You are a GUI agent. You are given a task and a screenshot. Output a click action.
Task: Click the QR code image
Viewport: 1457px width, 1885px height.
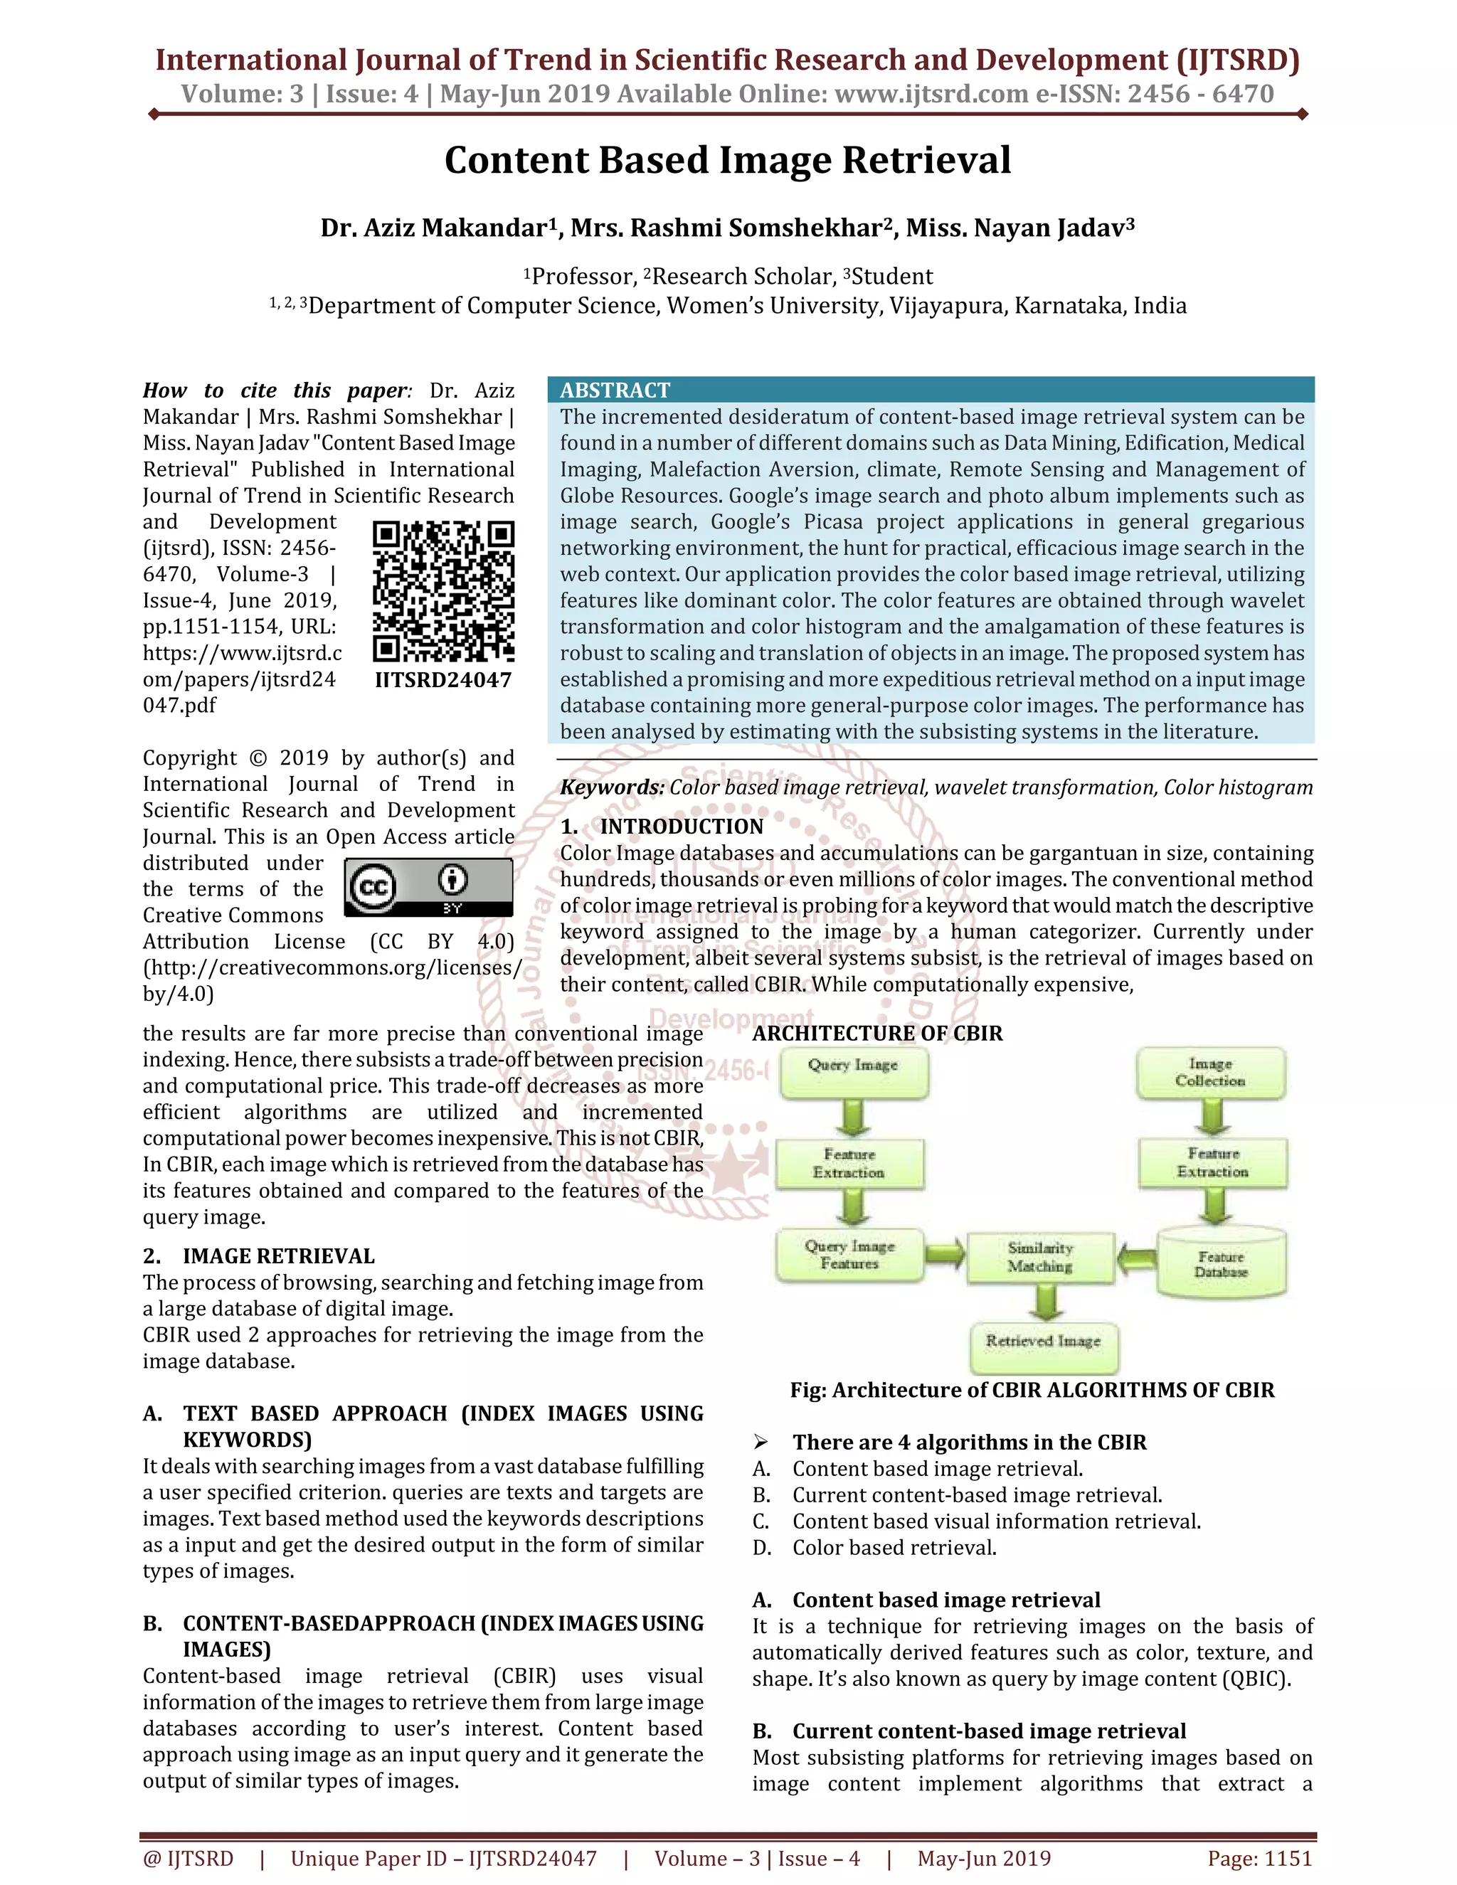[444, 591]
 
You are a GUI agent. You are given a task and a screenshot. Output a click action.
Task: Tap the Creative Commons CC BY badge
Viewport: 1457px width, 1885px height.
[428, 887]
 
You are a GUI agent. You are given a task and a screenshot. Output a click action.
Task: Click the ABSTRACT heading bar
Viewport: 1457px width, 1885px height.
[931, 390]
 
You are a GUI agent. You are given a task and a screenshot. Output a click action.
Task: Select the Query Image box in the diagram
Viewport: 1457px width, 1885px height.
[853, 1073]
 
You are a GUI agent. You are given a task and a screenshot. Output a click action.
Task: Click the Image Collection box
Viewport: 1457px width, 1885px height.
[1210, 1073]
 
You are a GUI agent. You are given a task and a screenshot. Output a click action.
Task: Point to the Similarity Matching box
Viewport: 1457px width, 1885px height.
[1040, 1258]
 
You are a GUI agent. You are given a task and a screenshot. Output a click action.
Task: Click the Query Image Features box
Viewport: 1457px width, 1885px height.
[849, 1255]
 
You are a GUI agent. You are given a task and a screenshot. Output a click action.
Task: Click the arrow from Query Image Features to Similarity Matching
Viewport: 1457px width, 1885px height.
[946, 1253]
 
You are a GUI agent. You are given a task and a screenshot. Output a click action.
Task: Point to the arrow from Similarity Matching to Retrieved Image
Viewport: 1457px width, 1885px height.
[1045, 1302]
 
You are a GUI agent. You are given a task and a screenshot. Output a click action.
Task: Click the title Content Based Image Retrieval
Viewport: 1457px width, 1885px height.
[728, 161]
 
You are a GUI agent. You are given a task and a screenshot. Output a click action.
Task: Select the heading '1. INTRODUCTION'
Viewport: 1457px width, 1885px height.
[662, 827]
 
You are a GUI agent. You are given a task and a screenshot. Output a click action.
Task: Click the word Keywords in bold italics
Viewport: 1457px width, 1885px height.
[612, 787]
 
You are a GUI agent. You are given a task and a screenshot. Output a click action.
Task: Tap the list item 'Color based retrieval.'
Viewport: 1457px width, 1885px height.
[894, 1548]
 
